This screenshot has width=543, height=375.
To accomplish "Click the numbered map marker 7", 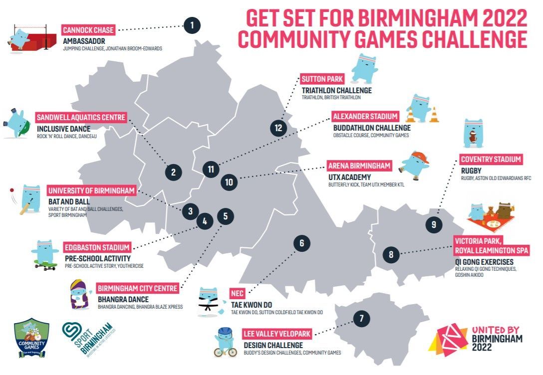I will [361, 318].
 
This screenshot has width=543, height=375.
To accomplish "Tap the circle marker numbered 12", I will [278, 128].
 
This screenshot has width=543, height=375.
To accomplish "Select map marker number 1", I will [192, 25].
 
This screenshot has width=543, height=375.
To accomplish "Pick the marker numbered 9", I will [434, 224].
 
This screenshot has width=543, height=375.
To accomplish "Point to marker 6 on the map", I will [301, 243].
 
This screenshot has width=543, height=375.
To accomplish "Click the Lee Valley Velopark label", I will [277, 334].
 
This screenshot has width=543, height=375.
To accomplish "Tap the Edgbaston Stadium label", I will [97, 247].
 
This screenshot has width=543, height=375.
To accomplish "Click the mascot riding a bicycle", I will [226, 343].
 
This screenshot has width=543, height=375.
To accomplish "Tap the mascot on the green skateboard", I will [45, 255].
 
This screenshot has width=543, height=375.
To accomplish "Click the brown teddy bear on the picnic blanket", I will [491, 211].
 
